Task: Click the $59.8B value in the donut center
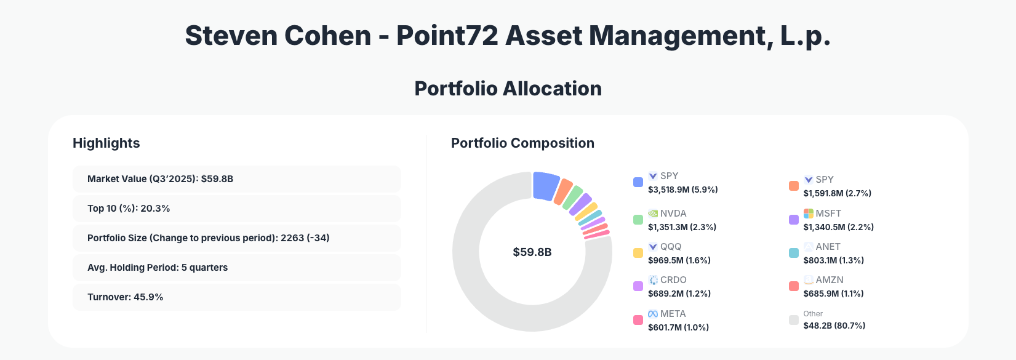point(532,252)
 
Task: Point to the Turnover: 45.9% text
point(125,297)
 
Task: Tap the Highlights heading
point(106,143)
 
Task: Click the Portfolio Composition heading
point(522,143)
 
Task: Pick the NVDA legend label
point(673,214)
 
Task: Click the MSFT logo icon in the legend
point(809,214)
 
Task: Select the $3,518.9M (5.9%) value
point(682,190)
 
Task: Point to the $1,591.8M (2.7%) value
point(837,193)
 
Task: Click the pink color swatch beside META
point(638,320)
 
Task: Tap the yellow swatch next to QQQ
point(638,253)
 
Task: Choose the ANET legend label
point(828,247)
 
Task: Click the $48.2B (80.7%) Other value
point(834,326)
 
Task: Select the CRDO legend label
point(673,280)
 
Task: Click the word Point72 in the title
point(447,36)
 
